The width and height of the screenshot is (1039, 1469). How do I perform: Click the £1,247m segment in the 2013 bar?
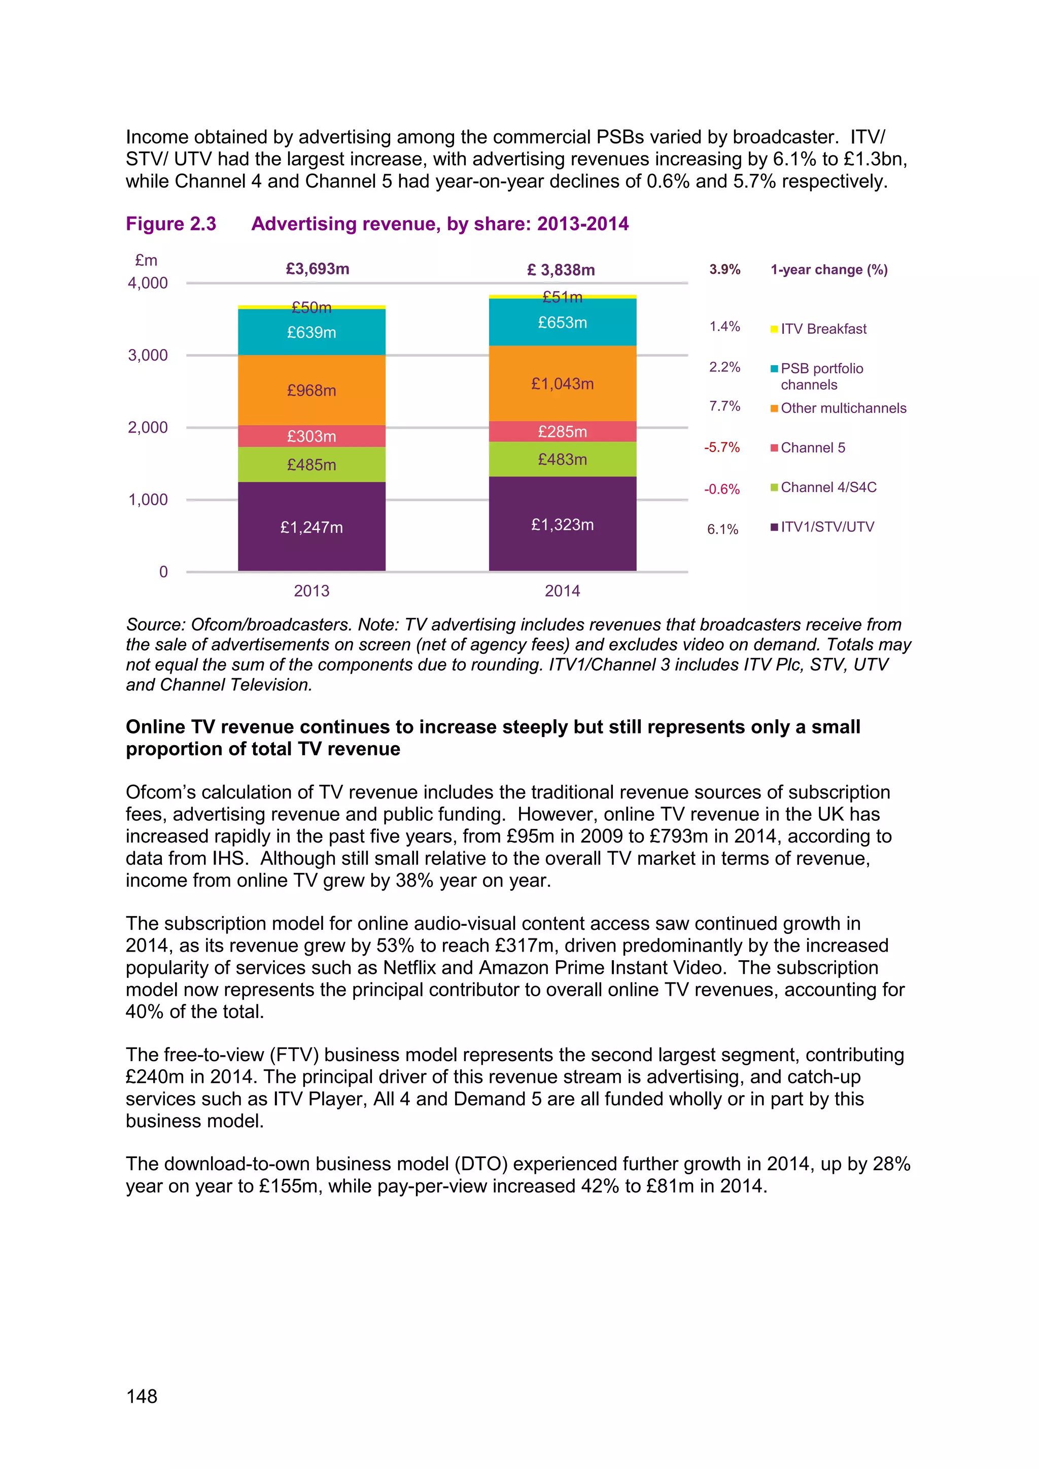(311, 527)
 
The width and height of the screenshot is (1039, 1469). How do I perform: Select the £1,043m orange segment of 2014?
(562, 383)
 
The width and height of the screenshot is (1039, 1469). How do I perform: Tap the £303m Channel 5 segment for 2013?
(311, 436)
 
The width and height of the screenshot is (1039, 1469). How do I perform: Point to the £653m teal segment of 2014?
(562, 323)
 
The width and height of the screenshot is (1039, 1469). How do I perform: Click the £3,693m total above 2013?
(317, 269)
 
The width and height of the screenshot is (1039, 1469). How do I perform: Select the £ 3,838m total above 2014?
(561, 270)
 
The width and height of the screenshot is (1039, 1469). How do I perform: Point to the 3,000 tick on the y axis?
(148, 355)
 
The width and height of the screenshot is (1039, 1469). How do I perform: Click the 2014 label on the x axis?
(562, 590)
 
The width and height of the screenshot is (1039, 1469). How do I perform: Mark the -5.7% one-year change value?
(722, 447)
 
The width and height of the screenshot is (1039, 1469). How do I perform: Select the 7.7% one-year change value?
(724, 406)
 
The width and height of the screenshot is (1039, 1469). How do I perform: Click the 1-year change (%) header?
(828, 269)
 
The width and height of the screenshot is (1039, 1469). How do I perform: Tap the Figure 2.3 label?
(171, 224)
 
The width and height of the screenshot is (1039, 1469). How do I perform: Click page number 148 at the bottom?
(142, 1396)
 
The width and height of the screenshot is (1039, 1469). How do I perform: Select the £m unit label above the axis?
(146, 260)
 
